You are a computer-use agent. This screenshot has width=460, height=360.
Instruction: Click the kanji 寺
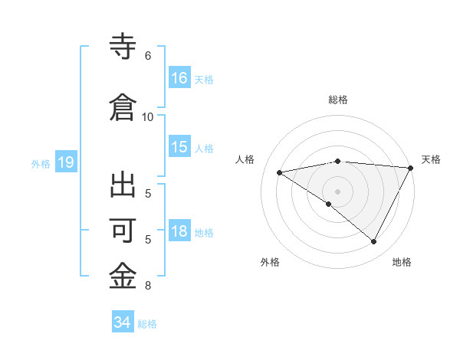123,47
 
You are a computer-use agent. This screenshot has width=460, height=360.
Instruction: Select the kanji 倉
123,106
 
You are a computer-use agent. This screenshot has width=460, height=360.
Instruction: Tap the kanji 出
123,187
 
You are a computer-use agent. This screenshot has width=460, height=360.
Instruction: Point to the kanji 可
123,230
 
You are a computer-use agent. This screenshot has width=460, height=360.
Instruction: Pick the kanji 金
123,274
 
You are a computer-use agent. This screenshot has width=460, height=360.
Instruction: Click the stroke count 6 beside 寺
147,56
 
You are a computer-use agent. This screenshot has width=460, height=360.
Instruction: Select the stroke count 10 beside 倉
147,116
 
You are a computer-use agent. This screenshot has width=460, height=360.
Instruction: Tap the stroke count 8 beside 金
147,286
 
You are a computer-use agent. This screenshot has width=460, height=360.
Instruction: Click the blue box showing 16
179,78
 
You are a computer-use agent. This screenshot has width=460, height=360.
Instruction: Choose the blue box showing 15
179,147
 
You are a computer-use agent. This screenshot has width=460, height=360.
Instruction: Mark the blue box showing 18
179,231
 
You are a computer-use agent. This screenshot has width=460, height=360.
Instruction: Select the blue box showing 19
65,162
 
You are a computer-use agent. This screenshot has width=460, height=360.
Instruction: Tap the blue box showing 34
122,322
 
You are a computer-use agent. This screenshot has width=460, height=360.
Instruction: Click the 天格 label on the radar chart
431,159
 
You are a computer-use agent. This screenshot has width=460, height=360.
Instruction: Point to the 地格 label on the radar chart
402,262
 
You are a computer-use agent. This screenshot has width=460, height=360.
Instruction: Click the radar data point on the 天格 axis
411,168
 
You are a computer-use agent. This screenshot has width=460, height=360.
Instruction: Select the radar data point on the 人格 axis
279,172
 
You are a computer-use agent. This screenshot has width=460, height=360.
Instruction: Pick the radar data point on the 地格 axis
374,242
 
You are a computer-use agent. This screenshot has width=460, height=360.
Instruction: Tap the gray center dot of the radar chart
337,191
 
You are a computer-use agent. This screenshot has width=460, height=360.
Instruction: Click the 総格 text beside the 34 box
147,324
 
